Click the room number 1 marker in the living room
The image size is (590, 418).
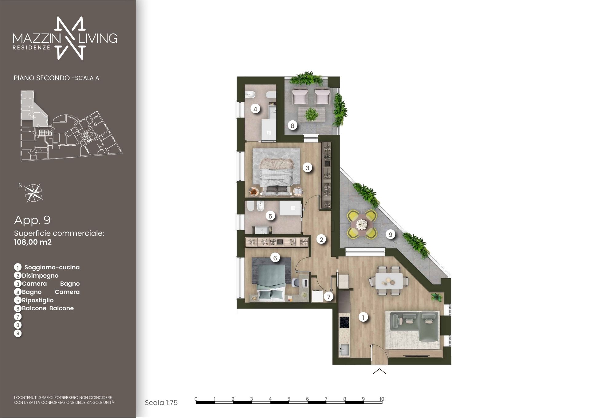click(x=363, y=317)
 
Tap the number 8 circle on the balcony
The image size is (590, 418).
click(x=292, y=126)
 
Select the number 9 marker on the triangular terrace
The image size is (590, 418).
click(x=390, y=235)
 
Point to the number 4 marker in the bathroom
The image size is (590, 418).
click(x=255, y=109)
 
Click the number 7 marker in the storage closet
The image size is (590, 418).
click(x=329, y=297)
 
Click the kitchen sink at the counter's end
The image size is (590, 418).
click(x=344, y=350)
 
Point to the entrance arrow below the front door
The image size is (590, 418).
click(x=379, y=372)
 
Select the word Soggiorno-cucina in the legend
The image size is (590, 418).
click(x=52, y=267)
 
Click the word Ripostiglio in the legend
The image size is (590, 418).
click(x=38, y=300)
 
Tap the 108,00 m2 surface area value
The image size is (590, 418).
click(x=33, y=242)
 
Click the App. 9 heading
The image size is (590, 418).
click(x=32, y=220)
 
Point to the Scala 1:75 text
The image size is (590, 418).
click(x=161, y=403)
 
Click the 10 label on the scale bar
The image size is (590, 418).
click(x=382, y=399)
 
